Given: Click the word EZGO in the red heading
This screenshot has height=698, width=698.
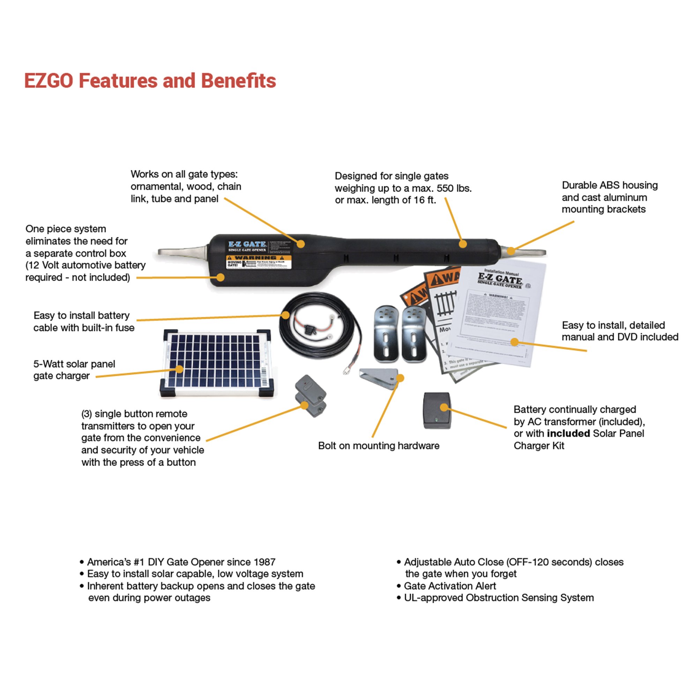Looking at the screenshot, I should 49,81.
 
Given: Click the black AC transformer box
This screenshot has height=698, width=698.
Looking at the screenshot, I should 437,411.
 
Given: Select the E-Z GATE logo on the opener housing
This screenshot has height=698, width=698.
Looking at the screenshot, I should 247,244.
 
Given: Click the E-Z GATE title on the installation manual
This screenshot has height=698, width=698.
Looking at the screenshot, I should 500,279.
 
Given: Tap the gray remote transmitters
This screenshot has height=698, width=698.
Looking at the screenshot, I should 311,396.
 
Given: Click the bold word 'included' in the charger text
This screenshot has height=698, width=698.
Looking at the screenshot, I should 568,433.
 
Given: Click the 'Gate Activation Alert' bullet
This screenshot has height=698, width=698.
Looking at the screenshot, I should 450,586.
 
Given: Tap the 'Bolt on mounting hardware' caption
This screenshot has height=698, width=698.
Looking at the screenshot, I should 379,446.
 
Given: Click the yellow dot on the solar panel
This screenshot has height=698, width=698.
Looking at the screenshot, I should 179,369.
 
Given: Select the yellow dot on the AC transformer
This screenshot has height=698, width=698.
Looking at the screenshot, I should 444,408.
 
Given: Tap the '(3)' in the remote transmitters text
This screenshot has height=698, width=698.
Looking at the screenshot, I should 86,414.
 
